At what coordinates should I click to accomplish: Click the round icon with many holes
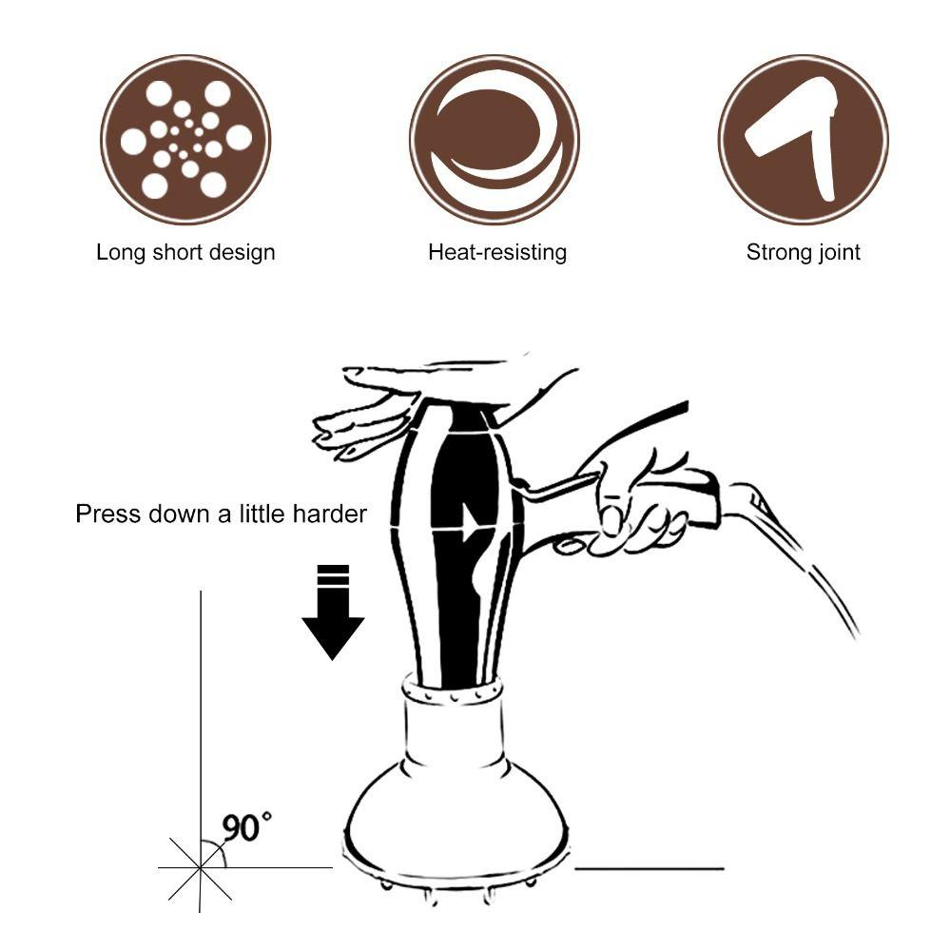point(185,139)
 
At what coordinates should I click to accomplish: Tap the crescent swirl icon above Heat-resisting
point(494,139)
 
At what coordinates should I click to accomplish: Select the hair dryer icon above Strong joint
point(803,139)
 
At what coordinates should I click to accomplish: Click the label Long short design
point(185,253)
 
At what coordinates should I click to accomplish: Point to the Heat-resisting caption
point(496,253)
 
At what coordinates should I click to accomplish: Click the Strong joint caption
point(803,253)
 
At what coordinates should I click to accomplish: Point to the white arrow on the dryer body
point(468,521)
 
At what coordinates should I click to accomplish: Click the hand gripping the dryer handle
point(632,509)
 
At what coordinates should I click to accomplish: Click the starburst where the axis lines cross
point(201,867)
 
